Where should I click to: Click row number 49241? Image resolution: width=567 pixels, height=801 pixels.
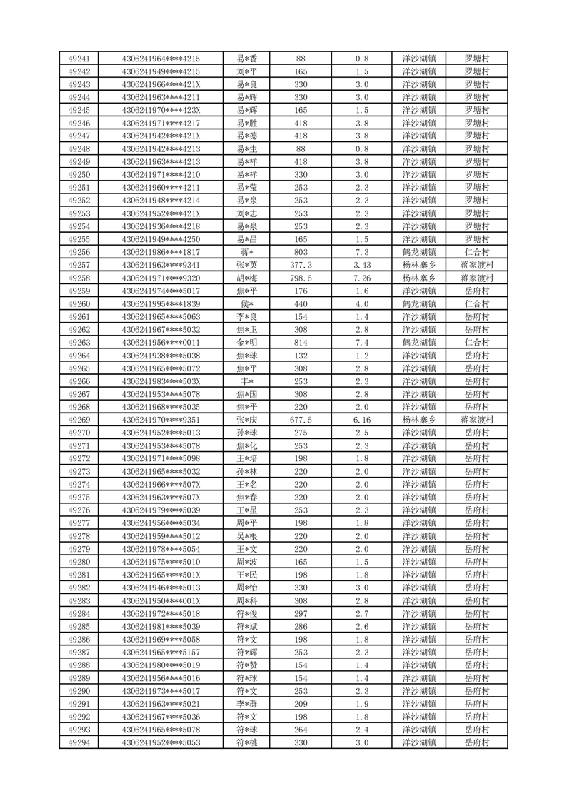pyautogui.click(x=79, y=59)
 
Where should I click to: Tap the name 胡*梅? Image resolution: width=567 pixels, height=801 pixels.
pyautogui.click(x=247, y=278)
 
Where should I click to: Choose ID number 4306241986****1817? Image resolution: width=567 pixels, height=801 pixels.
pyautogui.click(x=161, y=252)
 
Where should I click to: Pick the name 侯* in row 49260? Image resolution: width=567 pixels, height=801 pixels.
pyautogui.click(x=247, y=303)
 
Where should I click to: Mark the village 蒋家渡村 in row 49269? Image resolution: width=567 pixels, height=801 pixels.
pyautogui.click(x=476, y=420)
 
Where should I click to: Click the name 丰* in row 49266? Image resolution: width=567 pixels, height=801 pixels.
pyautogui.click(x=247, y=381)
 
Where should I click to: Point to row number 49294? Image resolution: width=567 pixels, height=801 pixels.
pyautogui.click(x=79, y=742)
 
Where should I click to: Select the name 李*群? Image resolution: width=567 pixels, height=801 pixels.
pyautogui.click(x=247, y=704)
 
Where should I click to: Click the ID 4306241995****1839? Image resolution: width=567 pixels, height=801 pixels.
pyautogui.click(x=161, y=303)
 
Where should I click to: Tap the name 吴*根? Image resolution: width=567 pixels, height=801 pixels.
pyautogui.click(x=247, y=536)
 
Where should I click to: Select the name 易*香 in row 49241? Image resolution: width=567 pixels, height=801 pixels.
pyautogui.click(x=247, y=59)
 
